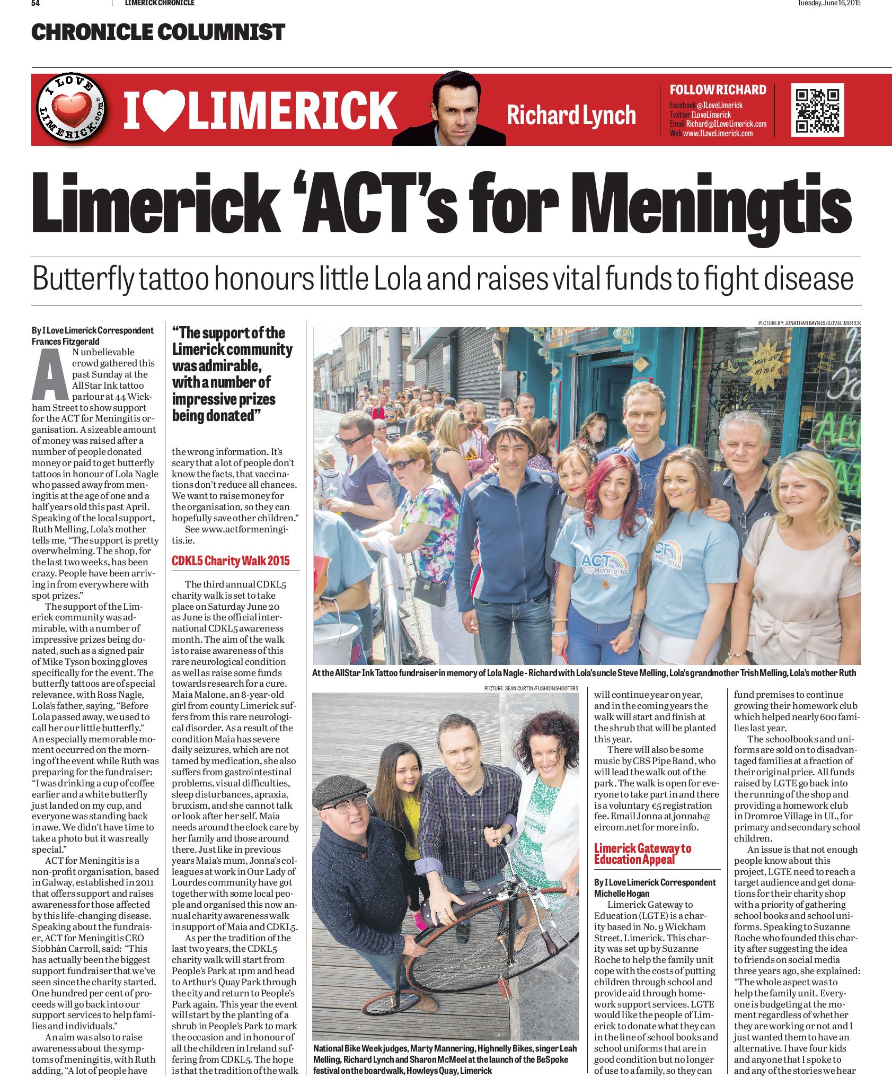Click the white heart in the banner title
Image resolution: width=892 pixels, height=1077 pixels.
tap(164, 111)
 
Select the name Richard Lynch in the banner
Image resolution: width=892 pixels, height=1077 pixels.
tap(571, 115)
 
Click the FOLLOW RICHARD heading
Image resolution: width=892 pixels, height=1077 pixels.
tap(718, 90)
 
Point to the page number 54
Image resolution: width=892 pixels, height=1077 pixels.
tap(36, 3)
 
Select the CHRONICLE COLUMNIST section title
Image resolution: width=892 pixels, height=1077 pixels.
tap(158, 32)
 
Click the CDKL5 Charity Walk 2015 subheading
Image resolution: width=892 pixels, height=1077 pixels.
tap(231, 561)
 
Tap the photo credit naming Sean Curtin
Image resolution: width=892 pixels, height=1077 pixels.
tap(531, 688)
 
